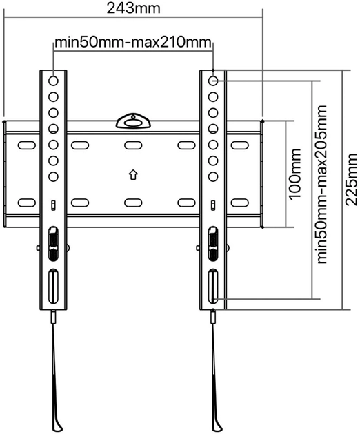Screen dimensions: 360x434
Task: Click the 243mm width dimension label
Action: tap(134, 8)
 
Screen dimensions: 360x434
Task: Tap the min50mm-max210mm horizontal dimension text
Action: tap(133, 42)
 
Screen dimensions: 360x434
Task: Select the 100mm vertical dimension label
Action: tap(295, 174)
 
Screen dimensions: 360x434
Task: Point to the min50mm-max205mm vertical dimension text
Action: tap(322, 185)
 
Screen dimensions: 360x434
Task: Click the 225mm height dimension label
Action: tap(352, 179)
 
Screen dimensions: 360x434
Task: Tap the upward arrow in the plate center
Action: tap(133, 175)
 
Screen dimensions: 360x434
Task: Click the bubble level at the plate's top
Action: tap(133, 122)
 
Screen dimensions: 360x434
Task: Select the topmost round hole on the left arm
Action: tap(53, 81)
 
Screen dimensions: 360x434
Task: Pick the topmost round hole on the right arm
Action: tap(213, 81)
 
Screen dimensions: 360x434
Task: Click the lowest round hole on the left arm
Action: tap(53, 176)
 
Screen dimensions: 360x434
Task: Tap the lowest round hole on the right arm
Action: tap(213, 176)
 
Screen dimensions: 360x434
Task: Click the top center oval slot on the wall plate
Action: tap(133, 145)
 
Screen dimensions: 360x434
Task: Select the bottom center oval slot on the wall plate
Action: tap(133, 203)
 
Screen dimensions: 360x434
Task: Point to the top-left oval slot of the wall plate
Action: tap(27, 145)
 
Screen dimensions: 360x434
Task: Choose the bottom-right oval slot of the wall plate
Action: tap(240, 203)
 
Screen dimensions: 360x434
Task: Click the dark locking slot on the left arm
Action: tap(53, 244)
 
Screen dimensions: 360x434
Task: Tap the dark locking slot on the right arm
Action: tap(213, 244)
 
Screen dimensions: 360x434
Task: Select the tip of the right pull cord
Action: tap(219, 430)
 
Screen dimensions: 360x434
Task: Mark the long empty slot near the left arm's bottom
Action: tap(53, 286)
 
